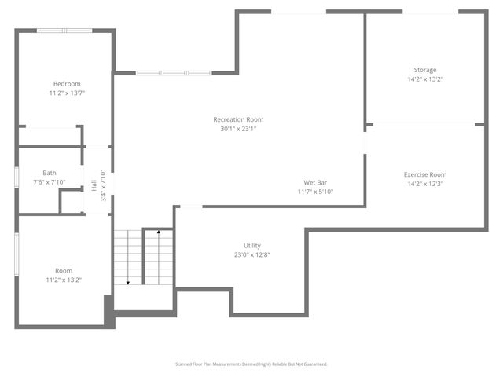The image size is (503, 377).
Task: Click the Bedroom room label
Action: coord(67,84)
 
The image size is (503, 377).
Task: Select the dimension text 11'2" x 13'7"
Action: coord(67,93)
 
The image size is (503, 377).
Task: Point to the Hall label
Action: coord(94,186)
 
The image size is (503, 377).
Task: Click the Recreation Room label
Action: coord(238,119)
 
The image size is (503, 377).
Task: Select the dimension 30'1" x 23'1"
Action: coord(238,129)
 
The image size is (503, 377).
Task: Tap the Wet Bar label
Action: coord(315,182)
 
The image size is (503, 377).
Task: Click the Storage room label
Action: coord(425,70)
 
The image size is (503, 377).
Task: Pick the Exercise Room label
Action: coord(425,174)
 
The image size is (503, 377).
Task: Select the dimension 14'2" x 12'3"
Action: coord(425,184)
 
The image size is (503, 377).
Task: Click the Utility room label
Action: coord(252,245)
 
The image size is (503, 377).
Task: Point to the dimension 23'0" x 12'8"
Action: coord(252,254)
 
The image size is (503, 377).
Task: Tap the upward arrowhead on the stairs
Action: coord(160,232)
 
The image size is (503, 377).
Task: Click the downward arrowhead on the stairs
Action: coord(127,282)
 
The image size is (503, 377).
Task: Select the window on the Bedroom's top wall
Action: coord(65,31)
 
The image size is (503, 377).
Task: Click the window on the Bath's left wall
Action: coord(17,177)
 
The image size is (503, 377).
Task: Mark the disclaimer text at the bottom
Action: coord(251,364)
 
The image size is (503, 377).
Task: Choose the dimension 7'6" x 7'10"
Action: coord(50,182)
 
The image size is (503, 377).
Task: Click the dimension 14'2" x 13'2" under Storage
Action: coord(425,79)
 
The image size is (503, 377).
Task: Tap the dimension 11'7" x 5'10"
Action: coord(315,192)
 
